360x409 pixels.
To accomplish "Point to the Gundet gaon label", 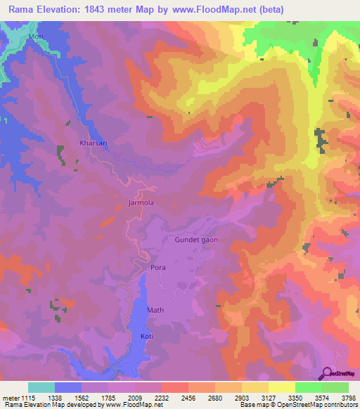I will coord(196,240).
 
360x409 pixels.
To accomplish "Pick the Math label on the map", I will coord(155,310).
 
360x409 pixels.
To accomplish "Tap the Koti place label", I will coord(147,337).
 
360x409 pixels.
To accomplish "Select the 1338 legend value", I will coord(53,396).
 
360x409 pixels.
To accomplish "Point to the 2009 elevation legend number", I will coord(134,396).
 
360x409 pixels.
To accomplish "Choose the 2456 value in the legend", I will coord(188,396).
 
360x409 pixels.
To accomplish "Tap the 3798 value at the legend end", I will coord(349,396).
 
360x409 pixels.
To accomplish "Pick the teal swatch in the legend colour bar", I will coord(41,387).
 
